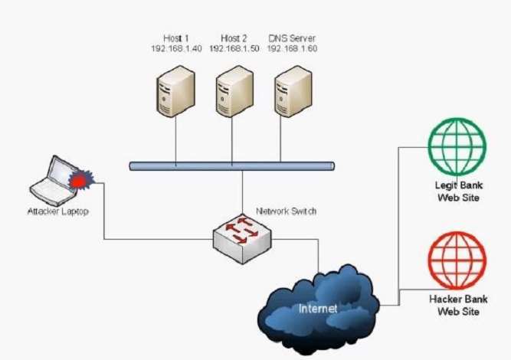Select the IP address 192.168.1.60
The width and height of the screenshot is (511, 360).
pos(292,48)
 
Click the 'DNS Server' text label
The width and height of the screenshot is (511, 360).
pos(292,38)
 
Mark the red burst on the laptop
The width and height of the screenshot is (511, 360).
pos(79,180)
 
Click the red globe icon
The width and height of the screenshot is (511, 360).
pos(457,260)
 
